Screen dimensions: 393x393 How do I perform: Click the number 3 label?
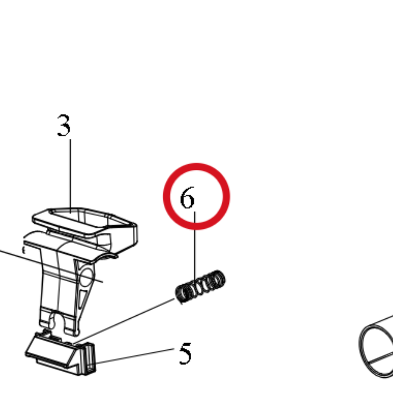64,125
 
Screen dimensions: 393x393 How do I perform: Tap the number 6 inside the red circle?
187,197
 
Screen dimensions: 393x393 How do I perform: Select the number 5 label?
185,353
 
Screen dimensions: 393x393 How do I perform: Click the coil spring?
200,286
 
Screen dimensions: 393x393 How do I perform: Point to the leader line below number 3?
70,176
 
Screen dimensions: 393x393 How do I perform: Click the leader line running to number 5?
135,355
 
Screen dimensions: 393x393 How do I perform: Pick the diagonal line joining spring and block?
124,321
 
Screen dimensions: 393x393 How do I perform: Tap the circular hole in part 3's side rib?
86,277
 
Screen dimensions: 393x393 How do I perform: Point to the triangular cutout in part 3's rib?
83,299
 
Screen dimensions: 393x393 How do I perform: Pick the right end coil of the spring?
219,279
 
